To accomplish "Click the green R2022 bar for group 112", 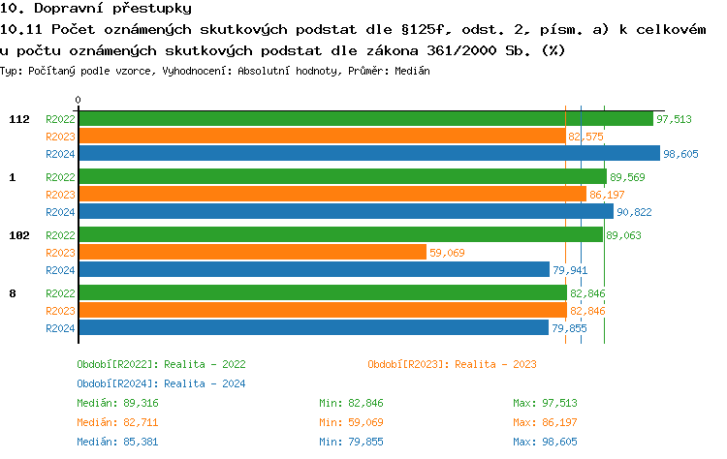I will click(365, 118).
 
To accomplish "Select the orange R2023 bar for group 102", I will click(252, 252).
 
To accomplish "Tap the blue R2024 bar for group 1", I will click(345, 211).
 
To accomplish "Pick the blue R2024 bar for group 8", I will click(313, 327).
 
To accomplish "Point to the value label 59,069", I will click(448, 253).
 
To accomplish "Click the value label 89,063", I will click(623, 235).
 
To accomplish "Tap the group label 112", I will click(18, 119).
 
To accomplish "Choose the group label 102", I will click(18, 235).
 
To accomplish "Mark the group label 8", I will click(12, 293).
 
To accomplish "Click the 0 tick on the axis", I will click(79, 100).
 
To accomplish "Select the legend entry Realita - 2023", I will click(452, 364).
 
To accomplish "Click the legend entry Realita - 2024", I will click(161, 383).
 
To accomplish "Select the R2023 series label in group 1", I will click(60, 195).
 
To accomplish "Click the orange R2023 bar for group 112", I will click(322, 136).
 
